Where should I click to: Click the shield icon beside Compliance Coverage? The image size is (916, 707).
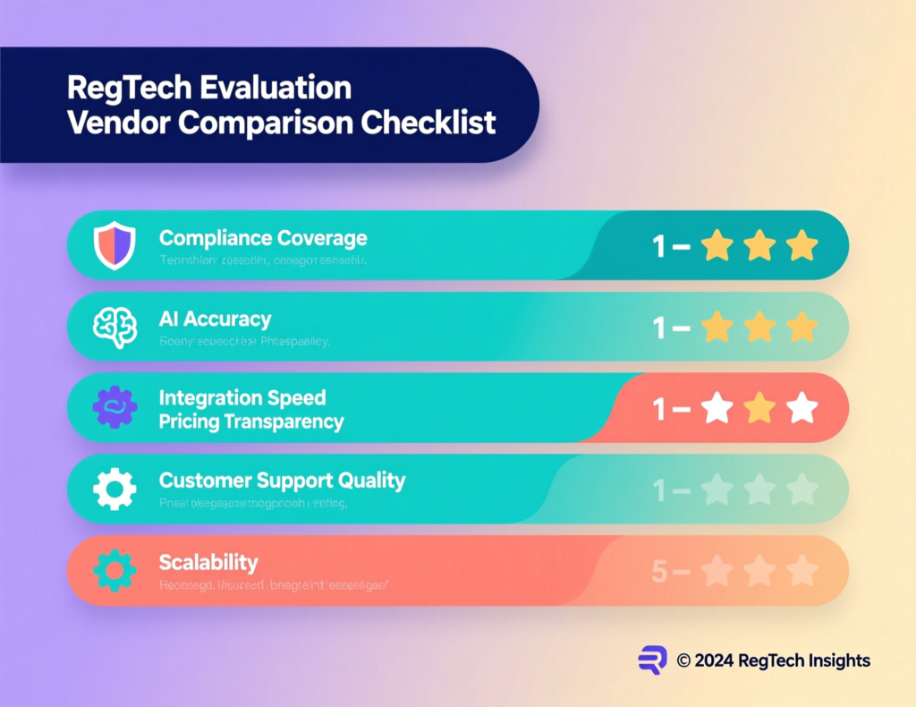click(114, 244)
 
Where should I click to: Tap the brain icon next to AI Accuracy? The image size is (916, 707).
click(114, 327)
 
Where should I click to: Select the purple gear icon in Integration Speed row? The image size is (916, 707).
click(114, 407)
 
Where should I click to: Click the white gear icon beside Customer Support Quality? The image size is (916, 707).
click(114, 489)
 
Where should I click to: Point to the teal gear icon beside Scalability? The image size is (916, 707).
click(114, 570)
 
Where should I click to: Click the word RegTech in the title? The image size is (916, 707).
click(121, 89)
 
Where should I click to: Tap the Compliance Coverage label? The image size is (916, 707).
click(263, 238)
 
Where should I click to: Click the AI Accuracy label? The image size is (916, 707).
click(215, 319)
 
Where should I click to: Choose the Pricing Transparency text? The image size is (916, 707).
click(251, 422)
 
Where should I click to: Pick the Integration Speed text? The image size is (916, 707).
click(242, 397)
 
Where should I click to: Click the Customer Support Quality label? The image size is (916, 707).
click(282, 481)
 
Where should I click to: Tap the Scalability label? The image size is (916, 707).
click(208, 563)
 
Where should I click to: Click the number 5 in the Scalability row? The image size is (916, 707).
click(658, 571)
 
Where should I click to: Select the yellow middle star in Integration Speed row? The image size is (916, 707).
click(759, 408)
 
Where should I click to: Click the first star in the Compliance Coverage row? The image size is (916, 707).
click(717, 245)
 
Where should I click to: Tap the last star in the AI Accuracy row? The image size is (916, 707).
click(801, 327)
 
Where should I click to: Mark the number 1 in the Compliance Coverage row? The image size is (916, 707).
click(659, 245)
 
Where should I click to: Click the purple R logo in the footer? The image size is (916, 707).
click(652, 660)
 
